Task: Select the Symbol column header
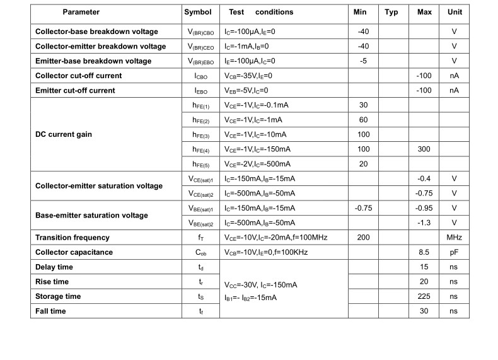197,12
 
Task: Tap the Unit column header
455,12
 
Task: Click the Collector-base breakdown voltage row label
96,32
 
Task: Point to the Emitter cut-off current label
75,91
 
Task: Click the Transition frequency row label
72,238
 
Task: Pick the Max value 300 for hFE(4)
424,149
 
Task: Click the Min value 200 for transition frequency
362,238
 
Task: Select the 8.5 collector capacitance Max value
424,252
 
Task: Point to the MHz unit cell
455,238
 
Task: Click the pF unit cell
455,252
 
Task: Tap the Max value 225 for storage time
424,296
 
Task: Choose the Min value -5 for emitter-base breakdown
362,61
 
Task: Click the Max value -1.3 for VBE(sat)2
424,223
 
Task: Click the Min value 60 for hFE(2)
363,120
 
